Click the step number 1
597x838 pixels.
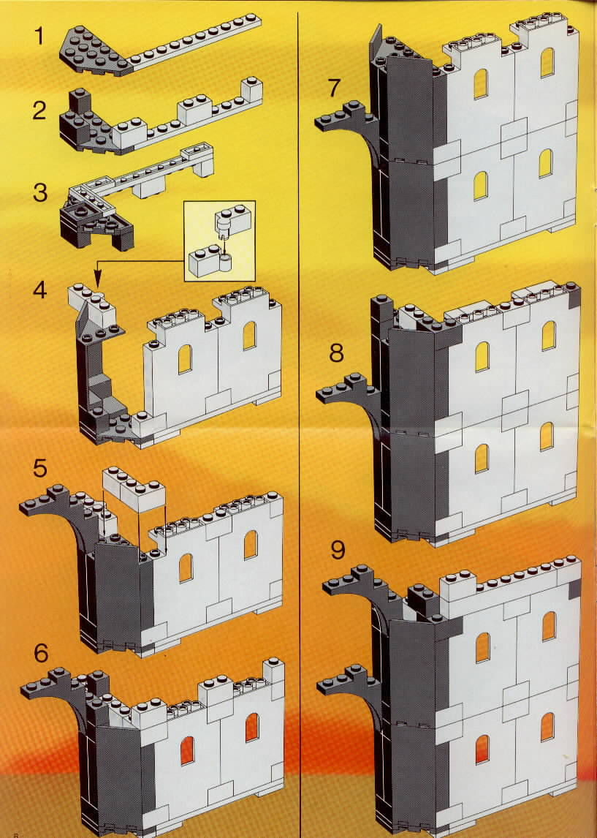[x=39, y=36]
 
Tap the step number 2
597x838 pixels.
[x=39, y=110]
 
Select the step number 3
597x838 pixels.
[x=40, y=192]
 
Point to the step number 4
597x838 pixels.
[x=40, y=290]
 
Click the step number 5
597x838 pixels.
[x=40, y=468]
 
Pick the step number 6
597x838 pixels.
[x=41, y=652]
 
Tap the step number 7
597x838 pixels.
[x=334, y=88]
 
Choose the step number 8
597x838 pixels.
[x=336, y=352]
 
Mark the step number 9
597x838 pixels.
[x=338, y=550]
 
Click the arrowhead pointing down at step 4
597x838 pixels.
[x=97, y=278]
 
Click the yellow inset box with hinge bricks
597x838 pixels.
[x=219, y=241]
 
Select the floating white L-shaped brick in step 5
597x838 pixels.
[x=134, y=488]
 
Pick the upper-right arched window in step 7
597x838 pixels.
[x=547, y=63]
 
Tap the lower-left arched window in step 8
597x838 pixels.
[x=482, y=458]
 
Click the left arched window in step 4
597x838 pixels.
[x=185, y=359]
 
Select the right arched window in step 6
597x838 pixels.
[x=252, y=728]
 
